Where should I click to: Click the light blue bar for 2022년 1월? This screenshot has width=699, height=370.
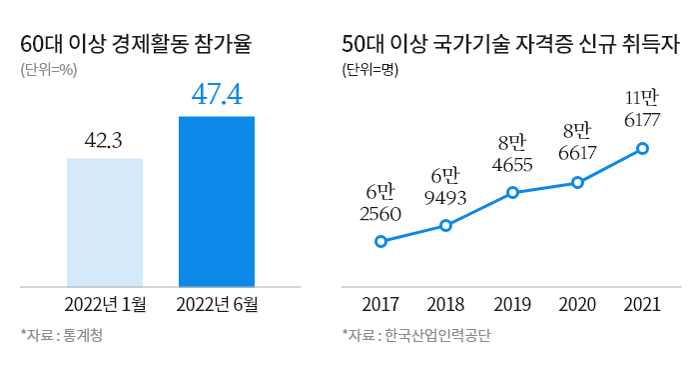[105, 222]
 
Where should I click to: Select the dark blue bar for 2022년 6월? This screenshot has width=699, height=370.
[217, 201]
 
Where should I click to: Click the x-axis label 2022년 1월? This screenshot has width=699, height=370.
[105, 304]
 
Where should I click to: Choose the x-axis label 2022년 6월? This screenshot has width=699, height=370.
[217, 304]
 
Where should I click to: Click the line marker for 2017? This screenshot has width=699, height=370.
[380, 241]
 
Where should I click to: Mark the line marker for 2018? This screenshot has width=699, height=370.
[445, 225]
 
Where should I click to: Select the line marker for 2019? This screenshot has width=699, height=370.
[512, 192]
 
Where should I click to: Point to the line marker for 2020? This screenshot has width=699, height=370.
[577, 182]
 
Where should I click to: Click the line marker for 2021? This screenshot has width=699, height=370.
[642, 148]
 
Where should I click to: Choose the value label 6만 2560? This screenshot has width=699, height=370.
[380, 202]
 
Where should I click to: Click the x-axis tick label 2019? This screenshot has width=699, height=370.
[512, 304]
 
